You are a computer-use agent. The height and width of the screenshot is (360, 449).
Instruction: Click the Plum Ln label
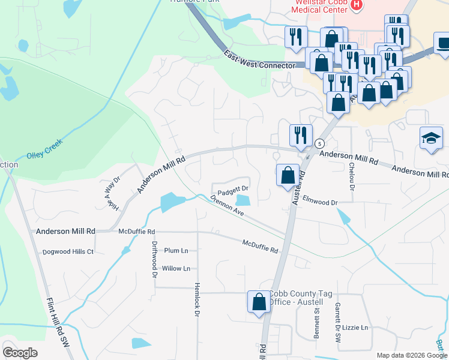(x=176, y=250)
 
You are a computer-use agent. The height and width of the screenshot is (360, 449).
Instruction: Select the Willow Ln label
(x=176, y=268)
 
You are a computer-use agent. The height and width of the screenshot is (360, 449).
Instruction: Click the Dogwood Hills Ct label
(x=68, y=251)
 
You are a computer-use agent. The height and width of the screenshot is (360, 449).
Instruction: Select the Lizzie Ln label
(x=356, y=328)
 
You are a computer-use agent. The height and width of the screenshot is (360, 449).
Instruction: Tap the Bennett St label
(x=316, y=325)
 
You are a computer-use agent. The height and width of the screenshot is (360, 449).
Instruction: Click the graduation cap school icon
(x=430, y=138)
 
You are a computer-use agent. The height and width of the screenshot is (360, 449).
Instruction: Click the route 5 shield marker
(x=319, y=143)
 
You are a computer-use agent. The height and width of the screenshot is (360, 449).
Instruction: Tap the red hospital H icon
(x=357, y=5)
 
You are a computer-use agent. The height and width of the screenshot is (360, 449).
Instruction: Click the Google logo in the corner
(x=20, y=353)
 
